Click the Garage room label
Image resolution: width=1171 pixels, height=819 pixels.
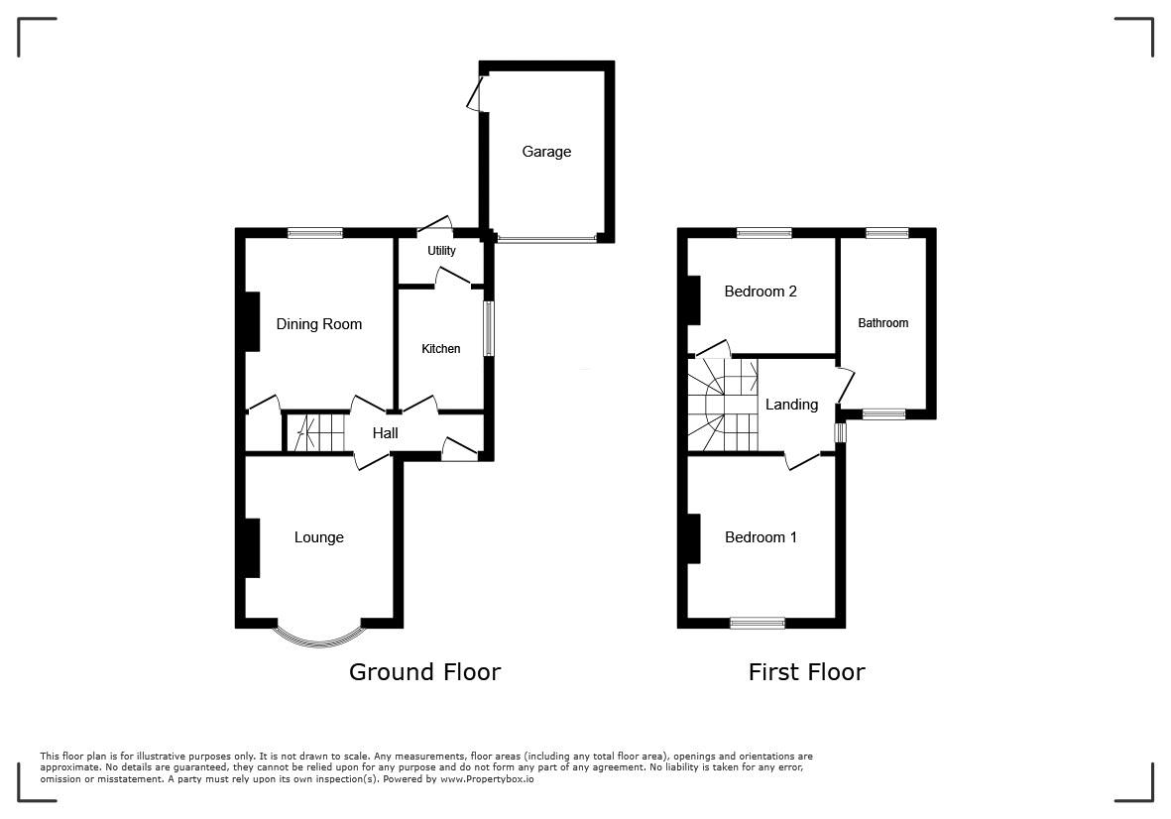(546, 152)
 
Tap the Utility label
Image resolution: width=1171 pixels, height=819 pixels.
(441, 251)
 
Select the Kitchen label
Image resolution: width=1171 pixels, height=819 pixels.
(440, 349)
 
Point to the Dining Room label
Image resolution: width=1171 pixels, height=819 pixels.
(319, 324)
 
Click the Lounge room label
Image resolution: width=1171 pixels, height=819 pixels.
(319, 537)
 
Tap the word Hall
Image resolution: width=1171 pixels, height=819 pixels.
(386, 433)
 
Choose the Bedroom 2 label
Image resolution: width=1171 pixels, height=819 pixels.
(761, 292)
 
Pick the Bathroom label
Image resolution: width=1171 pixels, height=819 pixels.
(882, 323)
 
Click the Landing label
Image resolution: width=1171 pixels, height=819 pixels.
(791, 405)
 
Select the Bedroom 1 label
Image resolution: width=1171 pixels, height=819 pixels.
(761, 537)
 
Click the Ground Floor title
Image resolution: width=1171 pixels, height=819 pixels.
(424, 672)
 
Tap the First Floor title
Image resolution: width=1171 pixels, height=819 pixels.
(806, 672)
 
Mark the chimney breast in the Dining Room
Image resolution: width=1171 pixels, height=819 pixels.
(253, 321)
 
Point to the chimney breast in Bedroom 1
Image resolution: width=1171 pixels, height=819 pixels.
(694, 538)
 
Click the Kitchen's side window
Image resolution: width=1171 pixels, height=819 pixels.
(489, 328)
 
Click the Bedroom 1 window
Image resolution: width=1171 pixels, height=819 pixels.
(758, 623)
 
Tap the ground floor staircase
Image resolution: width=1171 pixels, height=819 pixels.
(314, 433)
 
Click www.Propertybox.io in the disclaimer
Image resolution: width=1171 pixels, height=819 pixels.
(487, 778)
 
